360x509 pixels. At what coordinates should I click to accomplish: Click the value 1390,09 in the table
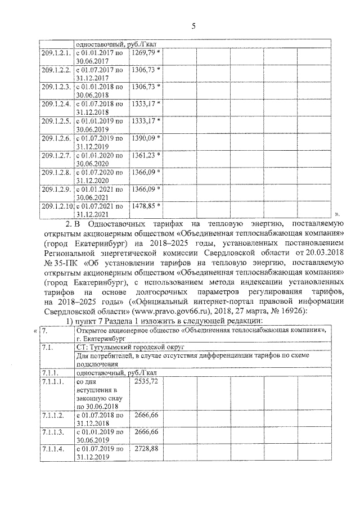click(x=143, y=137)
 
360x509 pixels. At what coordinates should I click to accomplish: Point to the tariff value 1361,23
click(x=143, y=154)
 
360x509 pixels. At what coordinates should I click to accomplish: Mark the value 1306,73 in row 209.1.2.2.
click(x=143, y=70)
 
